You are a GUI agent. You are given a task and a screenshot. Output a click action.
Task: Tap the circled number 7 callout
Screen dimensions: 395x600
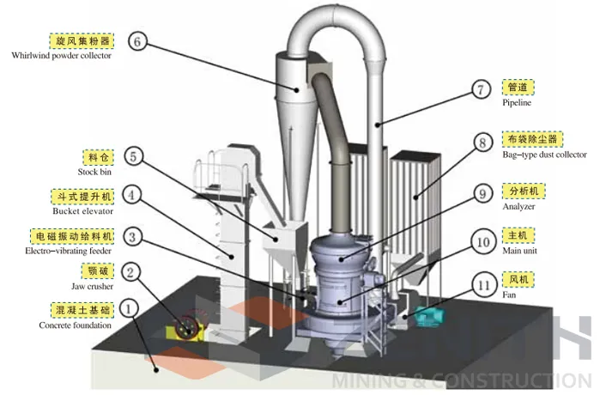pos(483,88)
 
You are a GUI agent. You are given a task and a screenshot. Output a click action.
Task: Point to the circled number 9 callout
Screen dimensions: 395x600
pos(483,195)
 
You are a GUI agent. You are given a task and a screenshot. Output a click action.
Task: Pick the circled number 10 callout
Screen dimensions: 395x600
pos(483,242)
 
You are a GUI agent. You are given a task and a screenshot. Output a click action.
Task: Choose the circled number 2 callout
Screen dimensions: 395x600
pos(129,273)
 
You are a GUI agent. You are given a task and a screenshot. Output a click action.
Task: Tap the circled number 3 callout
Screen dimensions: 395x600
pos(130,234)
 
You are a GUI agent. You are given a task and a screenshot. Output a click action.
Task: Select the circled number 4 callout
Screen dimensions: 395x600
pos(130,195)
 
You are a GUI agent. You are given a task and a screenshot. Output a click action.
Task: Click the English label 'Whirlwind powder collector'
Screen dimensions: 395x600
pos(61,56)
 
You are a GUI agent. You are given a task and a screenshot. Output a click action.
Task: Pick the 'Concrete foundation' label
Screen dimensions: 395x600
pos(75,325)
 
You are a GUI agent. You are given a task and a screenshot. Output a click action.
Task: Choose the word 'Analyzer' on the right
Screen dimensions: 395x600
pos(519,207)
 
